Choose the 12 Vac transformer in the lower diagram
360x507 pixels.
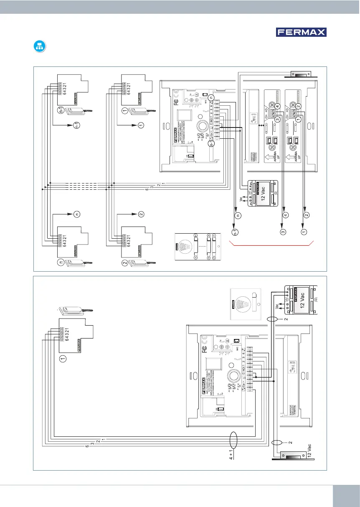click(x=299, y=300)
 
